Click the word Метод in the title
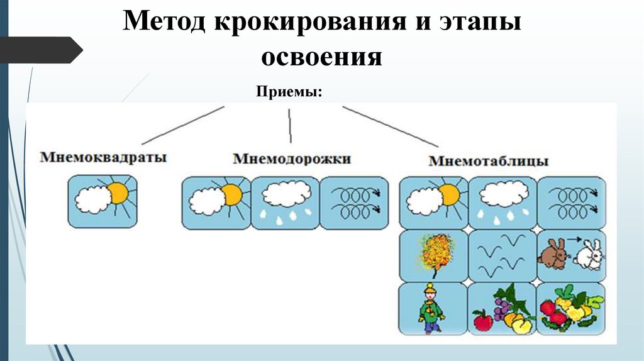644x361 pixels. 165,23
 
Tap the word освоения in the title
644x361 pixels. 321,57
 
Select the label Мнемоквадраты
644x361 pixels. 104,157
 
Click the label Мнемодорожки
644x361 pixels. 292,158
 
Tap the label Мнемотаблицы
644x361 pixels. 489,161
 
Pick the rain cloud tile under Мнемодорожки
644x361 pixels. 285,202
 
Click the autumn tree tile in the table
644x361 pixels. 433,255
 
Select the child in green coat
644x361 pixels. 431,308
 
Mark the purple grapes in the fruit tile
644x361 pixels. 501,308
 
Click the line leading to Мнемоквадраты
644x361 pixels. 182,125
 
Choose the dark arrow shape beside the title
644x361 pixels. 41,50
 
